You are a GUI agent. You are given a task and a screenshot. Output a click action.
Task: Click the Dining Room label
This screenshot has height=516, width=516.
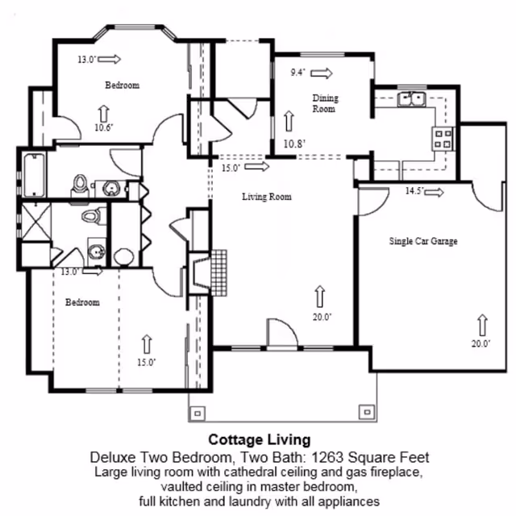click(325, 103)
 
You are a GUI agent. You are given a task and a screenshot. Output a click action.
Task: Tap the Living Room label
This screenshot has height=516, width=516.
click(267, 197)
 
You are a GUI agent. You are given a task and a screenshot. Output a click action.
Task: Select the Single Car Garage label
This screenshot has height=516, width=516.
click(423, 241)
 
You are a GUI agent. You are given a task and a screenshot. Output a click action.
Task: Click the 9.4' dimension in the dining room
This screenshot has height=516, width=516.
click(298, 73)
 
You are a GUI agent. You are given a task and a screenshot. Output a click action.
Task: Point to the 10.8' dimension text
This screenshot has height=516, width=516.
click(294, 144)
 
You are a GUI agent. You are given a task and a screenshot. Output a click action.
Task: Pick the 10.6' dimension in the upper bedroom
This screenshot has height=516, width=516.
click(103, 127)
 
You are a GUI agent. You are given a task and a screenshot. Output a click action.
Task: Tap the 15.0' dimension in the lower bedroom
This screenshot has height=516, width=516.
click(146, 363)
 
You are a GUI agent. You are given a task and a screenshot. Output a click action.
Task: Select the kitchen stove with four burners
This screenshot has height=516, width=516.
click(443, 139)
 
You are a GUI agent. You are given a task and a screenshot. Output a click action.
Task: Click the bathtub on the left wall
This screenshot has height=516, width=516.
click(33, 173)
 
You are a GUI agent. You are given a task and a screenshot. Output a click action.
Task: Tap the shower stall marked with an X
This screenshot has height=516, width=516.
click(35, 219)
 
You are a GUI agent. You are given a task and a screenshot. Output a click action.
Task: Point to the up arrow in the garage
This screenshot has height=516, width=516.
click(482, 325)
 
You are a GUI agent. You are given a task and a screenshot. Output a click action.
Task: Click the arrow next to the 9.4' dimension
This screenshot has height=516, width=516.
click(322, 73)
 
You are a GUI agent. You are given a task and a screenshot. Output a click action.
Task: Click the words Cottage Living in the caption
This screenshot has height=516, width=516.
click(259, 440)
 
